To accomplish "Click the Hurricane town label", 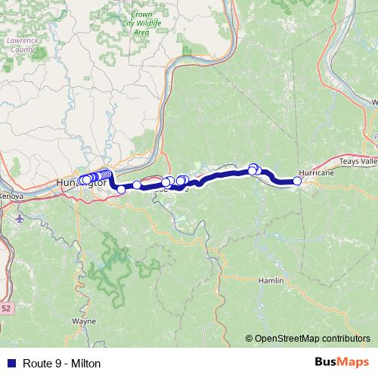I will coord(316,173).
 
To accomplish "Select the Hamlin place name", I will coord(270,280).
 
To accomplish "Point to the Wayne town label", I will coord(83,321).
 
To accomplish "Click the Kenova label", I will coord(11,196).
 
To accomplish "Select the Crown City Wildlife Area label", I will coord(141,23).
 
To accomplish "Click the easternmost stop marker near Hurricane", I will coord(297,181).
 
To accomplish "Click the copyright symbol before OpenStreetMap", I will coord(249,339).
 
